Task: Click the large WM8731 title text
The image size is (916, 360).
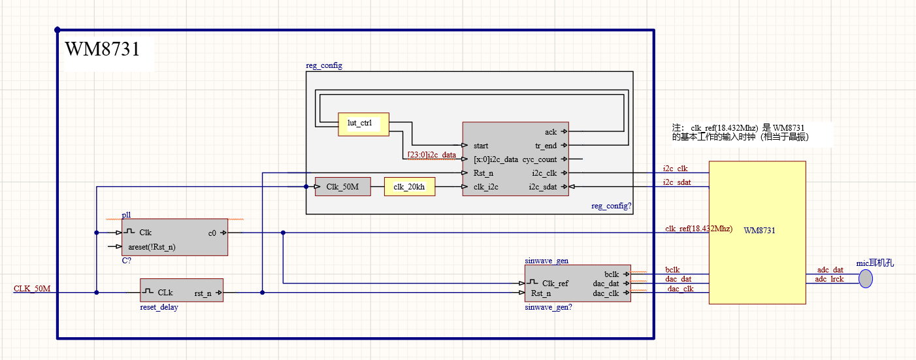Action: click(x=102, y=50)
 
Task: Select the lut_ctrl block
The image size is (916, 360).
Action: click(x=363, y=124)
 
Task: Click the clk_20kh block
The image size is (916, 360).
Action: click(x=409, y=187)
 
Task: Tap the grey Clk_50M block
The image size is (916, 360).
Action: click(x=342, y=187)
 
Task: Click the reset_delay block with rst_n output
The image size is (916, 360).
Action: click(x=182, y=290)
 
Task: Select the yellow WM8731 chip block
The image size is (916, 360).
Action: click(x=757, y=232)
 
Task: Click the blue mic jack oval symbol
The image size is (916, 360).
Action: click(x=866, y=279)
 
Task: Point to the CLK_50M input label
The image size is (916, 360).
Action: click(x=32, y=289)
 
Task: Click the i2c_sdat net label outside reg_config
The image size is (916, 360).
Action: click(x=676, y=182)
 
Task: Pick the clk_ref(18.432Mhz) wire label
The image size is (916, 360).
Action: click(x=698, y=229)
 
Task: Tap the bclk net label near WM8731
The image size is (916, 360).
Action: click(x=672, y=269)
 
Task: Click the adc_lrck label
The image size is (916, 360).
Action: click(x=830, y=280)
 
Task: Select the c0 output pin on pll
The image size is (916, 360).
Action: click(x=212, y=233)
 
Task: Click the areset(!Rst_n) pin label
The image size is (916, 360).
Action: click(x=152, y=247)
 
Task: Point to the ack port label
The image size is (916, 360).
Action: click(x=551, y=132)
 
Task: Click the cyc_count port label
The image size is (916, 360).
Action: click(x=539, y=159)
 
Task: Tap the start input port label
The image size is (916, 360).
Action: click(x=481, y=146)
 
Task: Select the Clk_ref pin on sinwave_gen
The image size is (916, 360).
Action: click(x=555, y=283)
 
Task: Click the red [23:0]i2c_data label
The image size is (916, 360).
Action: click(x=431, y=155)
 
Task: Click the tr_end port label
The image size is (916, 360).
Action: click(x=546, y=146)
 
